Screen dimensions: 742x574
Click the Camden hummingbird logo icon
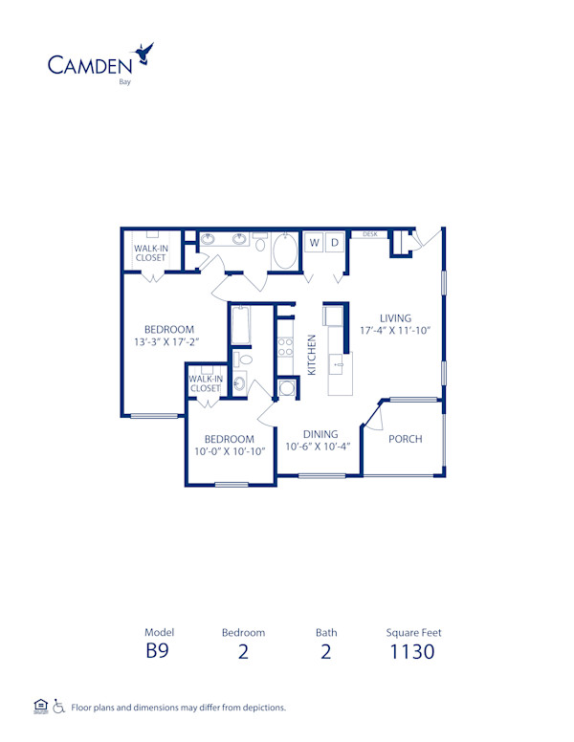point(145,53)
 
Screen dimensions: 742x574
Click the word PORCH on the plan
point(405,439)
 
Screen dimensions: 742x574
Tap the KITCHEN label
point(312,354)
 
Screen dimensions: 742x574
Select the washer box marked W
point(313,243)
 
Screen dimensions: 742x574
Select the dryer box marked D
point(335,243)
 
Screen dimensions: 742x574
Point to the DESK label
point(370,233)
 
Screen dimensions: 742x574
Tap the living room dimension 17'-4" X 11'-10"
point(395,331)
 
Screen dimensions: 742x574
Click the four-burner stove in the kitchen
point(285,348)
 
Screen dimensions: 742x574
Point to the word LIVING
point(395,318)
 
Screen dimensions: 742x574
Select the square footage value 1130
point(412,652)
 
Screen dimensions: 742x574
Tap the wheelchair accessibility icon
point(58,707)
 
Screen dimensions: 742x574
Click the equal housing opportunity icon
point(40,707)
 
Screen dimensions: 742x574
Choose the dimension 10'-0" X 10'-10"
point(229,452)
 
